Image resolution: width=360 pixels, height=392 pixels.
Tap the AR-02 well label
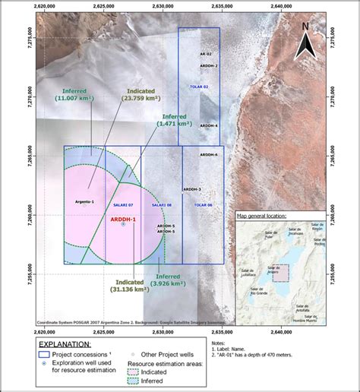(206, 55)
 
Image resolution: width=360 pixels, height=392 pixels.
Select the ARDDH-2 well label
(209, 66)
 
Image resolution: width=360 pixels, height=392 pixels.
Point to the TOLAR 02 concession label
(200, 87)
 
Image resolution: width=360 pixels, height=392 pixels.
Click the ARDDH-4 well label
(209, 125)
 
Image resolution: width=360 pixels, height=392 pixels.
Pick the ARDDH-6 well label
(209, 155)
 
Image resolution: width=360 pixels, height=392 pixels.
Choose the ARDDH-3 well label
(192, 188)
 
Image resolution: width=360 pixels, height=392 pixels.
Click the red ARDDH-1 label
(123, 219)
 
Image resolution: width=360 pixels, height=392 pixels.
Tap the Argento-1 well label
(84, 201)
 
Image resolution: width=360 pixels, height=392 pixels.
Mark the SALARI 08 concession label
(161, 205)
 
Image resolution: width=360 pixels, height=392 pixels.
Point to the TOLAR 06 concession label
(202, 205)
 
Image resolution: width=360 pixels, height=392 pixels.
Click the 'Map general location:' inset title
(261, 217)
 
